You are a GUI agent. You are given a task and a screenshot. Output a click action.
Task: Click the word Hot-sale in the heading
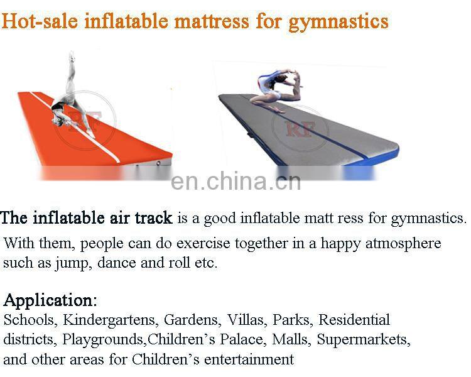point(39,21)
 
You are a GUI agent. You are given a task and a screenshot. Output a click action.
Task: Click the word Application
point(49,300)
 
